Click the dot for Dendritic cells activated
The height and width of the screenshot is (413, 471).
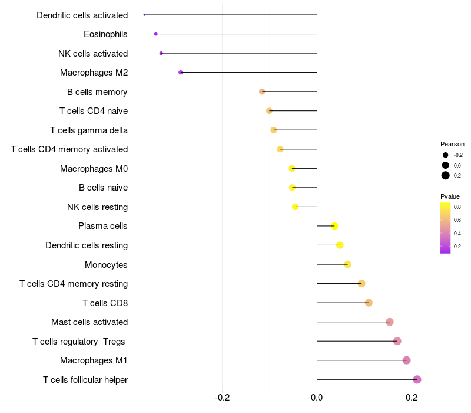pos(144,15)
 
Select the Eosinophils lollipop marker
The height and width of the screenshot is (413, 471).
pos(155,34)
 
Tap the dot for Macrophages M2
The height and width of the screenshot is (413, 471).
pos(181,73)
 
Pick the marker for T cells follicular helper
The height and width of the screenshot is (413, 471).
pos(417,379)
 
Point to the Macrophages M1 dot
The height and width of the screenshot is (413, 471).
pos(406,360)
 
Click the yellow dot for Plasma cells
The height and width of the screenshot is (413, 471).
pos(334,226)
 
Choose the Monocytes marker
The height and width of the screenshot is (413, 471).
pos(347,264)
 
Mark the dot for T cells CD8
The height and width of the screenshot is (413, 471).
pos(369,303)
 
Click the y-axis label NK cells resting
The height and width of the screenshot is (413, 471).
pos(97,207)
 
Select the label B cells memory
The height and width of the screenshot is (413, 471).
pos(97,92)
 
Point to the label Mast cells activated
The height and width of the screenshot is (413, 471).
pos(89,322)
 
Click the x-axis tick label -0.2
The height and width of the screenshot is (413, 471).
pos(222,398)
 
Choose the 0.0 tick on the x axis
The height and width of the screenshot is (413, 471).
pos(317,398)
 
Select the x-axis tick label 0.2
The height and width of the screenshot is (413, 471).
pos(412,398)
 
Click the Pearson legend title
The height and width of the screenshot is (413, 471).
pos(452,144)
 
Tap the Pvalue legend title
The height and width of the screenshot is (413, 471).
pos(450,196)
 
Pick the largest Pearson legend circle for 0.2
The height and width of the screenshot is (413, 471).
pos(446,175)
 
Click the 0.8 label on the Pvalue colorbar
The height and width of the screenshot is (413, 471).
pos(457,207)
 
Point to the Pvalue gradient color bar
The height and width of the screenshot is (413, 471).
pos(446,228)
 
